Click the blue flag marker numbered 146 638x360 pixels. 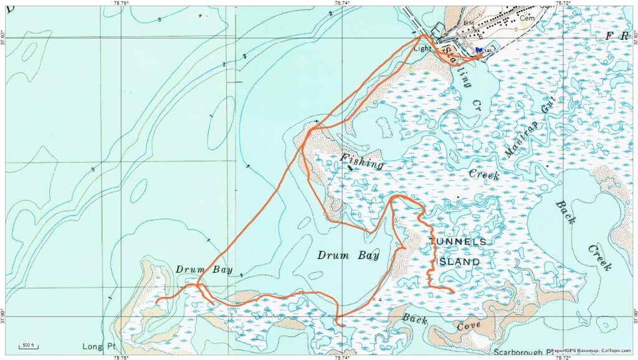(x=478, y=50)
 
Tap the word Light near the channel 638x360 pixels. (x=422, y=48)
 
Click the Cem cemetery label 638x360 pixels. (x=528, y=18)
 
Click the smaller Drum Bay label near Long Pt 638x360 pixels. (x=204, y=270)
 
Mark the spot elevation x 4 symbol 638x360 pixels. (x=376, y=300)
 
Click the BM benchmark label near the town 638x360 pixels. (x=469, y=22)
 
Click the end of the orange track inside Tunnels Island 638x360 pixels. (x=452, y=291)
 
